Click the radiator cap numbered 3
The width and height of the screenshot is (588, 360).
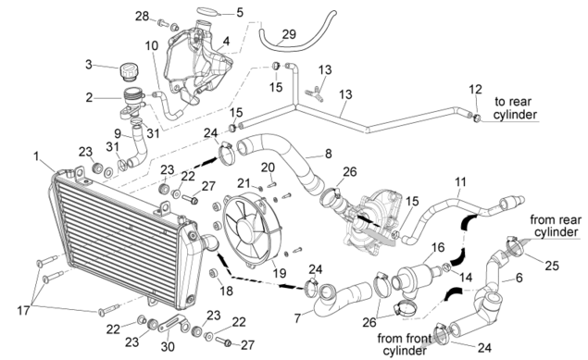tap(130, 72)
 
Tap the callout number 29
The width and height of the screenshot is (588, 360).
tap(289, 34)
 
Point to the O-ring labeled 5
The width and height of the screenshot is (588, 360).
tap(206, 11)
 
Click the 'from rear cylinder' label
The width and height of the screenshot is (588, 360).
tap(556, 226)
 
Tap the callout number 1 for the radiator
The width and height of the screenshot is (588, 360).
tap(36, 156)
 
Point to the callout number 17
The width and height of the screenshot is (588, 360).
tap(23, 311)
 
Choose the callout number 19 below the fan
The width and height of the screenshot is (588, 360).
tap(280, 273)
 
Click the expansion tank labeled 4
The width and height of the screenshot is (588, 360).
tap(198, 65)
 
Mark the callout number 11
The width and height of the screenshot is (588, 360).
tap(460, 182)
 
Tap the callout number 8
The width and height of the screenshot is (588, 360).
tap(329, 154)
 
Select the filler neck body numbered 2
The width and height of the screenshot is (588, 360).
tap(131, 103)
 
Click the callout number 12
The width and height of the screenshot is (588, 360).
tap(475, 89)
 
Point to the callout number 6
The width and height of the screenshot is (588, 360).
tap(519, 278)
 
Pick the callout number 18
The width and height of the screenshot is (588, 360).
tap(226, 291)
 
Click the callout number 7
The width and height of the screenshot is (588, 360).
tap(297, 318)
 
